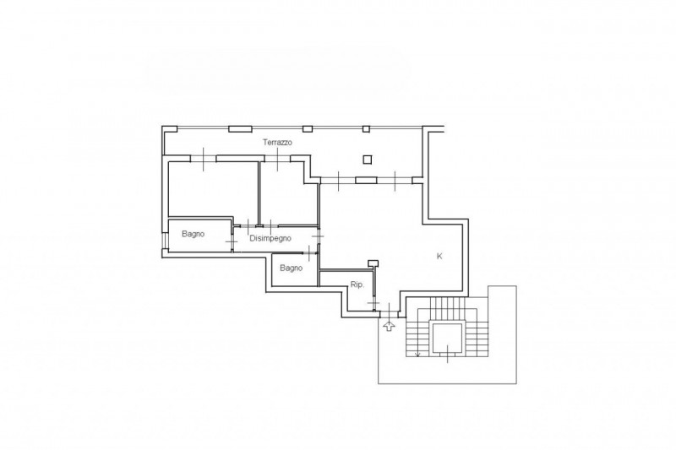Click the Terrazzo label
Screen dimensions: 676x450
(x=277, y=142)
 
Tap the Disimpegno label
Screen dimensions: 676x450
(x=270, y=238)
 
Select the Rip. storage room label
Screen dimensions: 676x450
(x=357, y=285)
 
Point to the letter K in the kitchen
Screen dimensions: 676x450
(x=439, y=256)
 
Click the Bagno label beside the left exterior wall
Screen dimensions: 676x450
(x=193, y=234)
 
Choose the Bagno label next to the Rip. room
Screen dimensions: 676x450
(x=291, y=268)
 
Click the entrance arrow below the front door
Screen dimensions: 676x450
(x=389, y=326)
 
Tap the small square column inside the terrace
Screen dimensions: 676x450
(x=367, y=160)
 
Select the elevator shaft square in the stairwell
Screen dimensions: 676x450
(x=447, y=339)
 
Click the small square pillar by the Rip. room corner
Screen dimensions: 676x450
(x=373, y=263)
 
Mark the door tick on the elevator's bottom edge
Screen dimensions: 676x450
(x=447, y=354)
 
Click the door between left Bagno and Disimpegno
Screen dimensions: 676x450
(x=232, y=242)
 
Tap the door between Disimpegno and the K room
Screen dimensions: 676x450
(x=319, y=236)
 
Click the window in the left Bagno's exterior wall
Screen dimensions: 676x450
(x=163, y=241)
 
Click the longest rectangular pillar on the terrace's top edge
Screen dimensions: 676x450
(x=240, y=129)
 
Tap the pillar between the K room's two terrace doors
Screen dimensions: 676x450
(x=366, y=180)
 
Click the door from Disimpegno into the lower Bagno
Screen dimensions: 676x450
(x=309, y=252)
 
